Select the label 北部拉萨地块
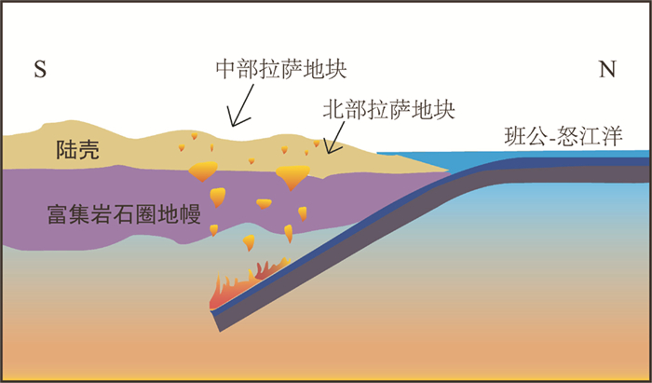[x=387, y=108]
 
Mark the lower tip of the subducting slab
[x=221, y=321]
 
